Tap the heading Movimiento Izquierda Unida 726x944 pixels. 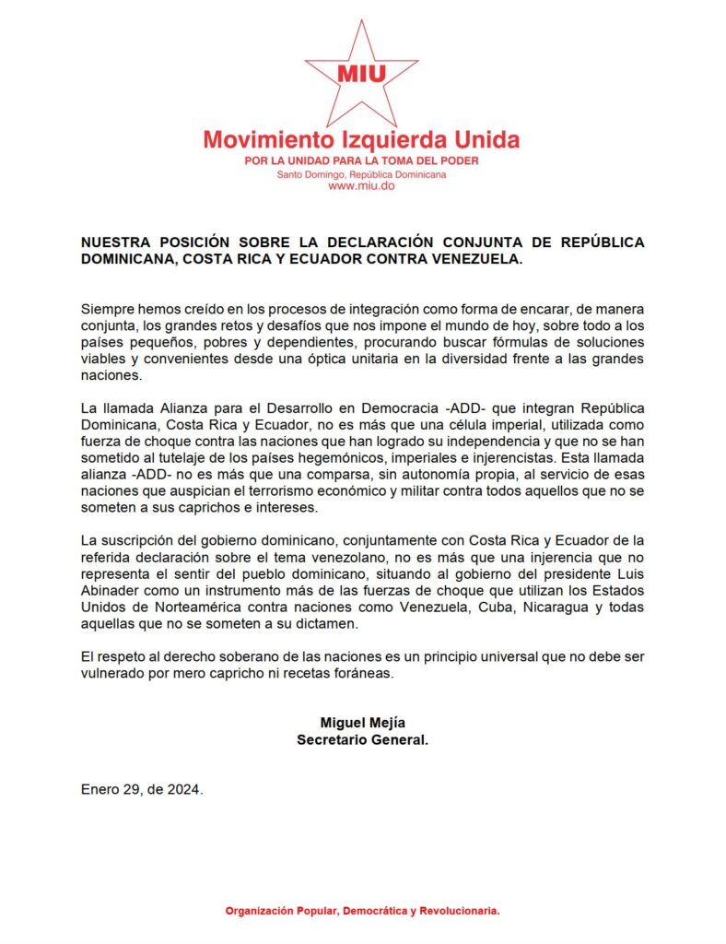361,140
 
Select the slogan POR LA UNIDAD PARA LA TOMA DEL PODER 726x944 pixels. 361,160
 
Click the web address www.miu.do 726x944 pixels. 361,185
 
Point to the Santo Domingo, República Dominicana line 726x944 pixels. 361,173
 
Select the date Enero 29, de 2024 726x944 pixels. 141,789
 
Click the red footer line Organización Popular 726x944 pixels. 362,911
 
